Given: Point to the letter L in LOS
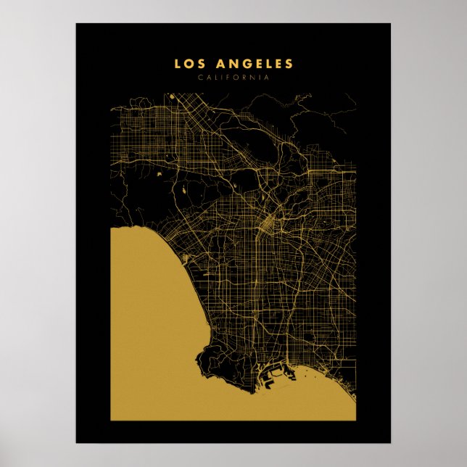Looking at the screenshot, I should pos(177,65).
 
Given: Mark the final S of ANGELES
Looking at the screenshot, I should pos(289,65).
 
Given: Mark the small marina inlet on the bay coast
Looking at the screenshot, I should pos(190,257).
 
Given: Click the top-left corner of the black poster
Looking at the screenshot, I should pos(76,24).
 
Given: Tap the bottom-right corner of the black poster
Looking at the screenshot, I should pos(390,442).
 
